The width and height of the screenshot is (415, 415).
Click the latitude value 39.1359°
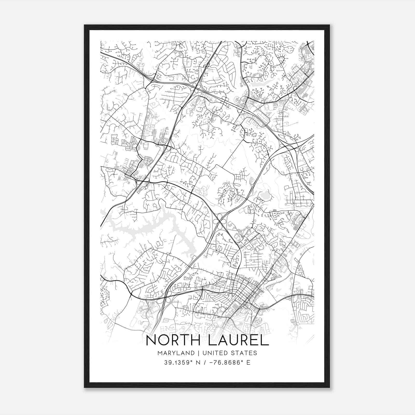[x=179, y=363]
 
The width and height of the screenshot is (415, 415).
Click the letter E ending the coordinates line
[x=248, y=363]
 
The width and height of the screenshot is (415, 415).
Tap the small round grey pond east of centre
[x=265, y=195]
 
